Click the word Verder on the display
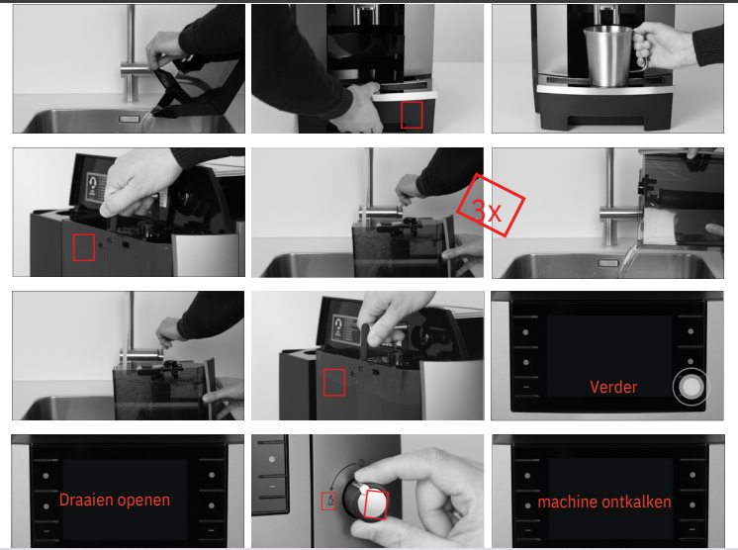click(x=613, y=387)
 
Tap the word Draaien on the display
click(x=85, y=500)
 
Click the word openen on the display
click(x=142, y=501)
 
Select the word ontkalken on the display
click(x=638, y=502)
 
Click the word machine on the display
click(x=570, y=503)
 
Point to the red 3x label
click(x=491, y=205)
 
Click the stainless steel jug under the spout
click(x=608, y=56)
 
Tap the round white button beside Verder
click(x=691, y=387)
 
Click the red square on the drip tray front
click(x=412, y=115)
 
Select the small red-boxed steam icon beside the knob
click(x=329, y=501)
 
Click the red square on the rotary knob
click(x=376, y=504)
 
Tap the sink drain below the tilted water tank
click(x=608, y=263)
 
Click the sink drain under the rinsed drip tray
click(x=129, y=119)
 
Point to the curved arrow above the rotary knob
click(x=341, y=473)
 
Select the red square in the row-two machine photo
click(x=84, y=247)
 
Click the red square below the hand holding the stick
click(x=334, y=383)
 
